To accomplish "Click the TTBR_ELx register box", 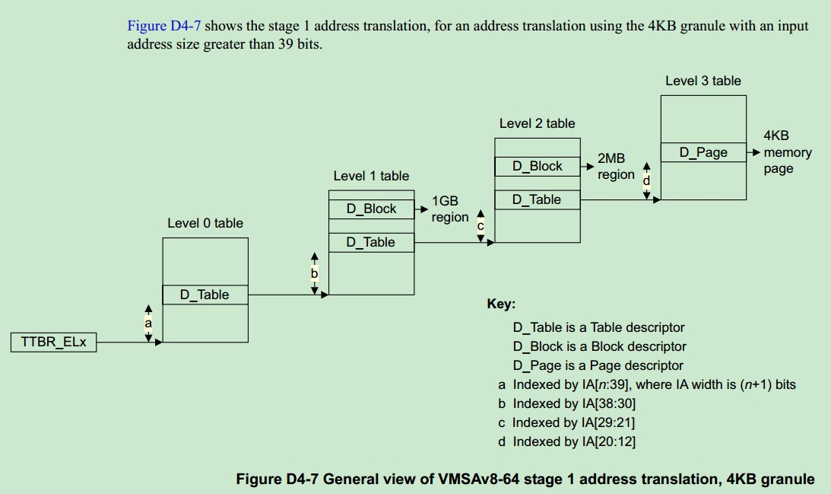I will click(x=53, y=343).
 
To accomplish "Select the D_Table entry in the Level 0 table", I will click(x=205, y=295).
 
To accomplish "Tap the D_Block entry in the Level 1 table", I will click(x=372, y=209).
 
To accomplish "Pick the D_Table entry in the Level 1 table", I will click(x=371, y=242).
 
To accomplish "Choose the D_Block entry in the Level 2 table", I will click(x=538, y=166).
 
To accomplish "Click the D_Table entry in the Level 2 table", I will click(x=537, y=199).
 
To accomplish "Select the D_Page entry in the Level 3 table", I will click(x=703, y=152).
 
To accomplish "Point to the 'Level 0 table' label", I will click(x=205, y=223).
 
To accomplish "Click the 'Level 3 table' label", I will click(x=703, y=81).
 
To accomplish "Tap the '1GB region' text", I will click(x=449, y=209).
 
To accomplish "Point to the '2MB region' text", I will click(x=614, y=167).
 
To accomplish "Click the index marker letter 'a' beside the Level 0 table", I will click(x=148, y=323).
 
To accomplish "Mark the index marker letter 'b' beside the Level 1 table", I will click(x=314, y=273).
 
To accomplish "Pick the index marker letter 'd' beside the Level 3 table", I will click(x=647, y=180).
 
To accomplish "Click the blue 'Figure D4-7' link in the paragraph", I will click(x=164, y=26).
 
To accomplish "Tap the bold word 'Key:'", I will click(x=501, y=304).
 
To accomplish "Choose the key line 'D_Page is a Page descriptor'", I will click(x=598, y=365).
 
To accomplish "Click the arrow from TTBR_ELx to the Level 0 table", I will click(x=129, y=343).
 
